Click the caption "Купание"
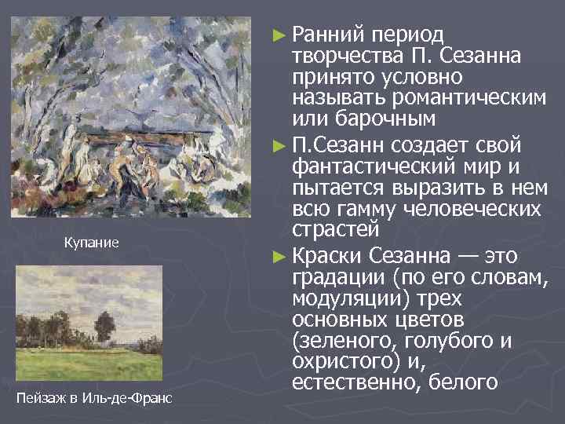click(x=91, y=243)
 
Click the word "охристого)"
click(x=341, y=364)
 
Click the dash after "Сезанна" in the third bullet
click(x=468, y=257)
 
